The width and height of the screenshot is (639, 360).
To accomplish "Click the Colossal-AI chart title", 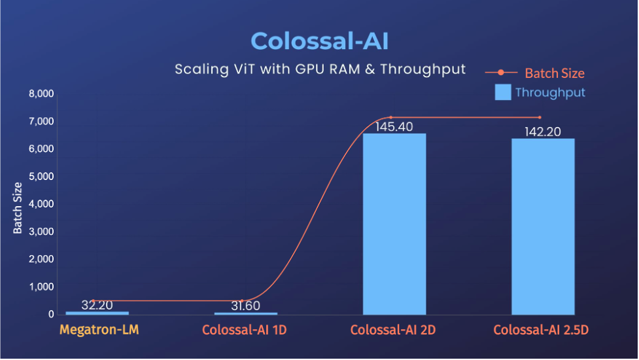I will (x=319, y=41).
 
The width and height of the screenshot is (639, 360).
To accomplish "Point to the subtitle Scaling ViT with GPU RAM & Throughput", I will (x=320, y=69).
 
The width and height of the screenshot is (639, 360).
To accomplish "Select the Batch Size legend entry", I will (x=554, y=73).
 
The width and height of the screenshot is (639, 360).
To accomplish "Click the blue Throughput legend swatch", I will (x=502, y=92).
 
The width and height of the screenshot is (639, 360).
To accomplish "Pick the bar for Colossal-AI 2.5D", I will (x=543, y=226).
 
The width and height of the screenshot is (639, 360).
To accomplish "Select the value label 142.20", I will (x=543, y=132).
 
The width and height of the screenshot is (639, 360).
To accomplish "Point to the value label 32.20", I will (x=97, y=305).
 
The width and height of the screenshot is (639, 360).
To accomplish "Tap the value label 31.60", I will (x=246, y=306).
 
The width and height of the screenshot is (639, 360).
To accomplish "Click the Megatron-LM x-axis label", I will (x=99, y=330).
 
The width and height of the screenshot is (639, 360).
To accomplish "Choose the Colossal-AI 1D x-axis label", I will (x=245, y=330).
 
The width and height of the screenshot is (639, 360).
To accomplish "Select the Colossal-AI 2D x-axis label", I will (x=393, y=330).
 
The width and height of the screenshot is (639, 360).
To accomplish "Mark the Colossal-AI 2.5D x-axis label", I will (x=541, y=330).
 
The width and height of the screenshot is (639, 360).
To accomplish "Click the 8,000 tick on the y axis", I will (x=41, y=94).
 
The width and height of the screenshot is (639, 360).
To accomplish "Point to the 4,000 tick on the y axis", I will (x=41, y=204).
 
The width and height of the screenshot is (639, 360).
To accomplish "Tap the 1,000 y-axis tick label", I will (x=41, y=287).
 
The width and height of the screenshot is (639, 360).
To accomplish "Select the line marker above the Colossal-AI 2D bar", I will (x=390, y=117).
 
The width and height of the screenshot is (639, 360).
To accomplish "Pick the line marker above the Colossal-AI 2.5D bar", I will (x=540, y=117).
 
